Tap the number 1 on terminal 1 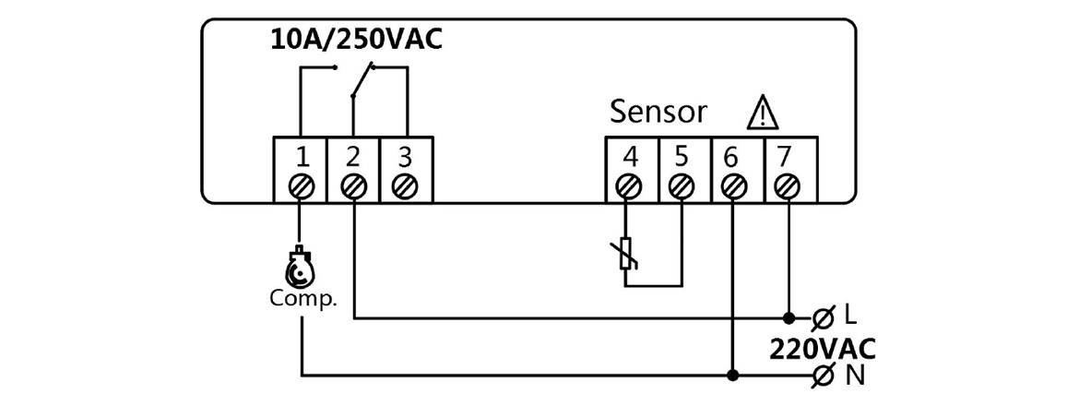pyautogui.click(x=300, y=156)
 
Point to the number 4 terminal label pyautogui.click(x=630, y=156)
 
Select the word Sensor pyautogui.click(x=658, y=113)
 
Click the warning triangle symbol pyautogui.click(x=763, y=113)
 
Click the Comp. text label pyautogui.click(x=303, y=300)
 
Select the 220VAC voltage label pyautogui.click(x=823, y=349)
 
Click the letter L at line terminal pyautogui.click(x=850, y=316)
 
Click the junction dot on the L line pyautogui.click(x=788, y=318)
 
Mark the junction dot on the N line pyautogui.click(x=734, y=376)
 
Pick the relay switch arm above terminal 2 pyautogui.click(x=362, y=79)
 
